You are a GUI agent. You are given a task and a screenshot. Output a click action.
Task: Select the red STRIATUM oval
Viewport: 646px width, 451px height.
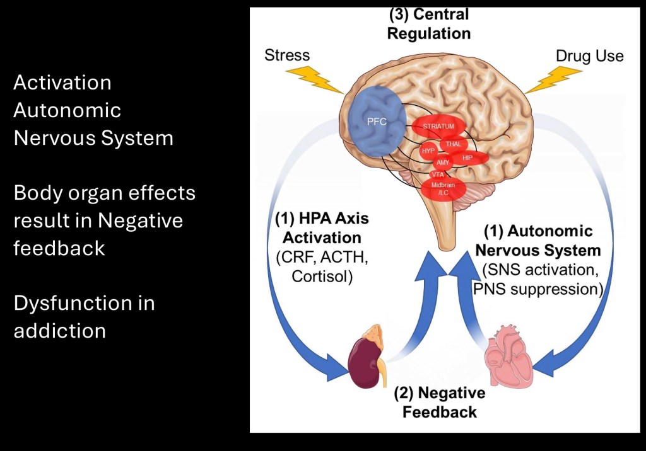tap(439, 126)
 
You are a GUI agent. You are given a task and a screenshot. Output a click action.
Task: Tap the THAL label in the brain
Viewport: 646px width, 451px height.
tap(453, 144)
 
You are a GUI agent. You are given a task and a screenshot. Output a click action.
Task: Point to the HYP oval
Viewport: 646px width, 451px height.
tap(429, 152)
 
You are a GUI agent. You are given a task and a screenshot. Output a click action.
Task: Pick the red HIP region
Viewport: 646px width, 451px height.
tap(467, 157)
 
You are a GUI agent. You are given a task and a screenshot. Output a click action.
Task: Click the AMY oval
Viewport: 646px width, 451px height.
tap(443, 163)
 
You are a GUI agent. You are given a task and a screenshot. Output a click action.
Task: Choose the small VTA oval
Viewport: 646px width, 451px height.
tap(438, 174)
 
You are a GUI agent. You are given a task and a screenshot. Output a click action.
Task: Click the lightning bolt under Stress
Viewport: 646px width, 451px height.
tap(308, 79)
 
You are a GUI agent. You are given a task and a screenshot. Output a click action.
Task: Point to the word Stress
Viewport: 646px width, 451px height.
tap(287, 55)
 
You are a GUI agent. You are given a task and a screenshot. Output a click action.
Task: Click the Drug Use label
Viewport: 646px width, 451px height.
tap(589, 56)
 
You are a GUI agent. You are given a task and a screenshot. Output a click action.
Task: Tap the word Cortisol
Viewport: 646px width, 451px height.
tap(322, 276)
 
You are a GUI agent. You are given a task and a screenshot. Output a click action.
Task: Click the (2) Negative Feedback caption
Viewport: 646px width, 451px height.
tap(440, 403)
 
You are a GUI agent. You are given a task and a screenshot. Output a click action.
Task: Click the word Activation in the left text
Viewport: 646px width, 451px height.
tap(62, 83)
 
